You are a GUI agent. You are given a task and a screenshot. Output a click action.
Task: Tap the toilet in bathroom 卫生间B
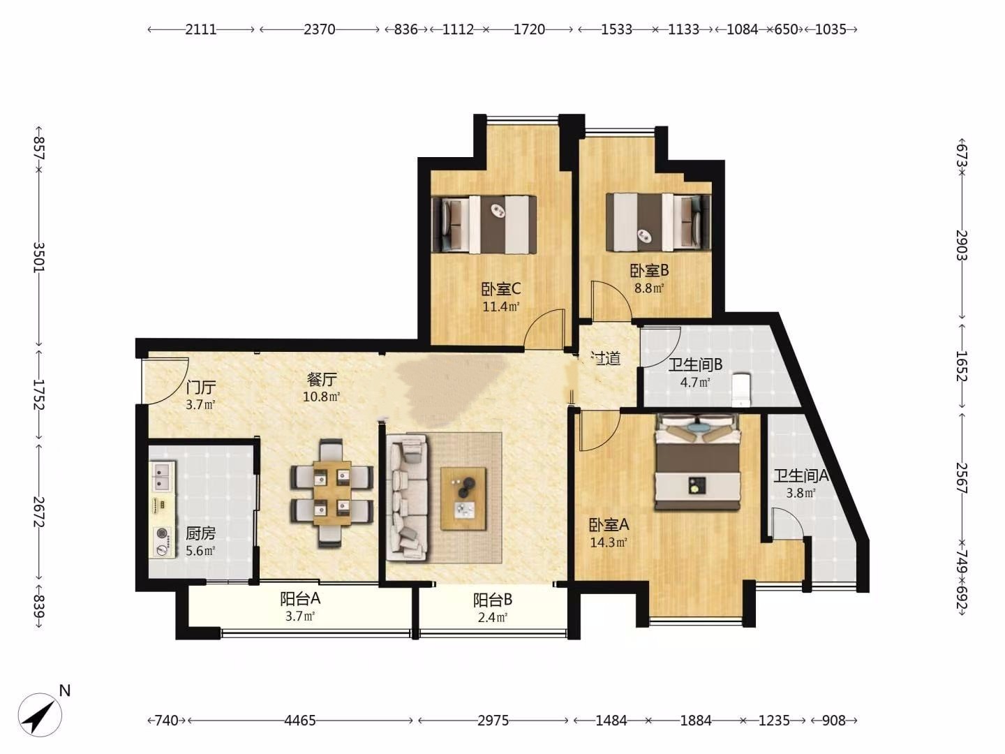coord(740,390)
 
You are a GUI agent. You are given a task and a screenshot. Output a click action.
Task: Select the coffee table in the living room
coord(463,498)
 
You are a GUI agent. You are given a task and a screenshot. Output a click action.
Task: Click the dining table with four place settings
coord(332,493)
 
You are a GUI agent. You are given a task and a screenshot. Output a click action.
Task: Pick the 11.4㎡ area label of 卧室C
coord(501,306)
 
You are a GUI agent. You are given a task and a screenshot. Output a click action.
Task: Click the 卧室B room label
coord(649,271)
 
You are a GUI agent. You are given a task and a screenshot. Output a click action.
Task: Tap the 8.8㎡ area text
coord(649,288)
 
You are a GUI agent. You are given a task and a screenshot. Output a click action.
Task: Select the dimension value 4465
coord(300,720)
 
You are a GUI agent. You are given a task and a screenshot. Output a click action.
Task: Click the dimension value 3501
coord(39,258)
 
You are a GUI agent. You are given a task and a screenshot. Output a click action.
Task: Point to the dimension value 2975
coord(493,720)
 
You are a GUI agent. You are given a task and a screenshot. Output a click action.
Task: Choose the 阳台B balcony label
coord(493,599)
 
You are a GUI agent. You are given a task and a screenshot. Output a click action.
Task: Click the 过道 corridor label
coord(605,358)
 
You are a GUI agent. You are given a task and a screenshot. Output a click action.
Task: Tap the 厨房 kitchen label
coord(200,533)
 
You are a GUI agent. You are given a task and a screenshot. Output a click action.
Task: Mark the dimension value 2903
coord(962,245)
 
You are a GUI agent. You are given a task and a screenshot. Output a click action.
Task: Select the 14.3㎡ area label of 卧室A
coord(609,542)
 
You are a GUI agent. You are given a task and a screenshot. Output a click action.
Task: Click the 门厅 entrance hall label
coord(200,387)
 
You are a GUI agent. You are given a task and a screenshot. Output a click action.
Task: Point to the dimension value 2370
coord(320,29)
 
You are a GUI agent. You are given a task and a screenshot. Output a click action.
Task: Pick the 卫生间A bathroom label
coord(801,475)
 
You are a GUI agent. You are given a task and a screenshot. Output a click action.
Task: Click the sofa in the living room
coord(407,498)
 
